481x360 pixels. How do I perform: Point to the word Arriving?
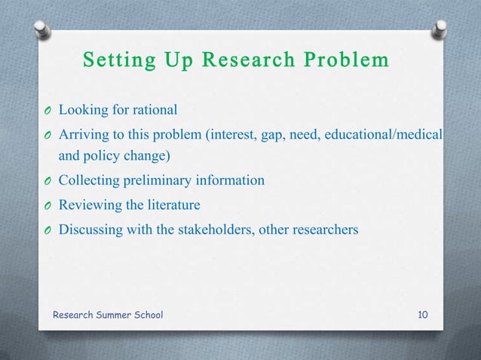coord(84,134)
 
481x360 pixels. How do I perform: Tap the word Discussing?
coord(91,228)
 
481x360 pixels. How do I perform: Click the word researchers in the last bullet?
coord(325,228)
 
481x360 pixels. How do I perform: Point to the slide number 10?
coord(424,313)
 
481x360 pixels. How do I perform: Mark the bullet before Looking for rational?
coord(47,111)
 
